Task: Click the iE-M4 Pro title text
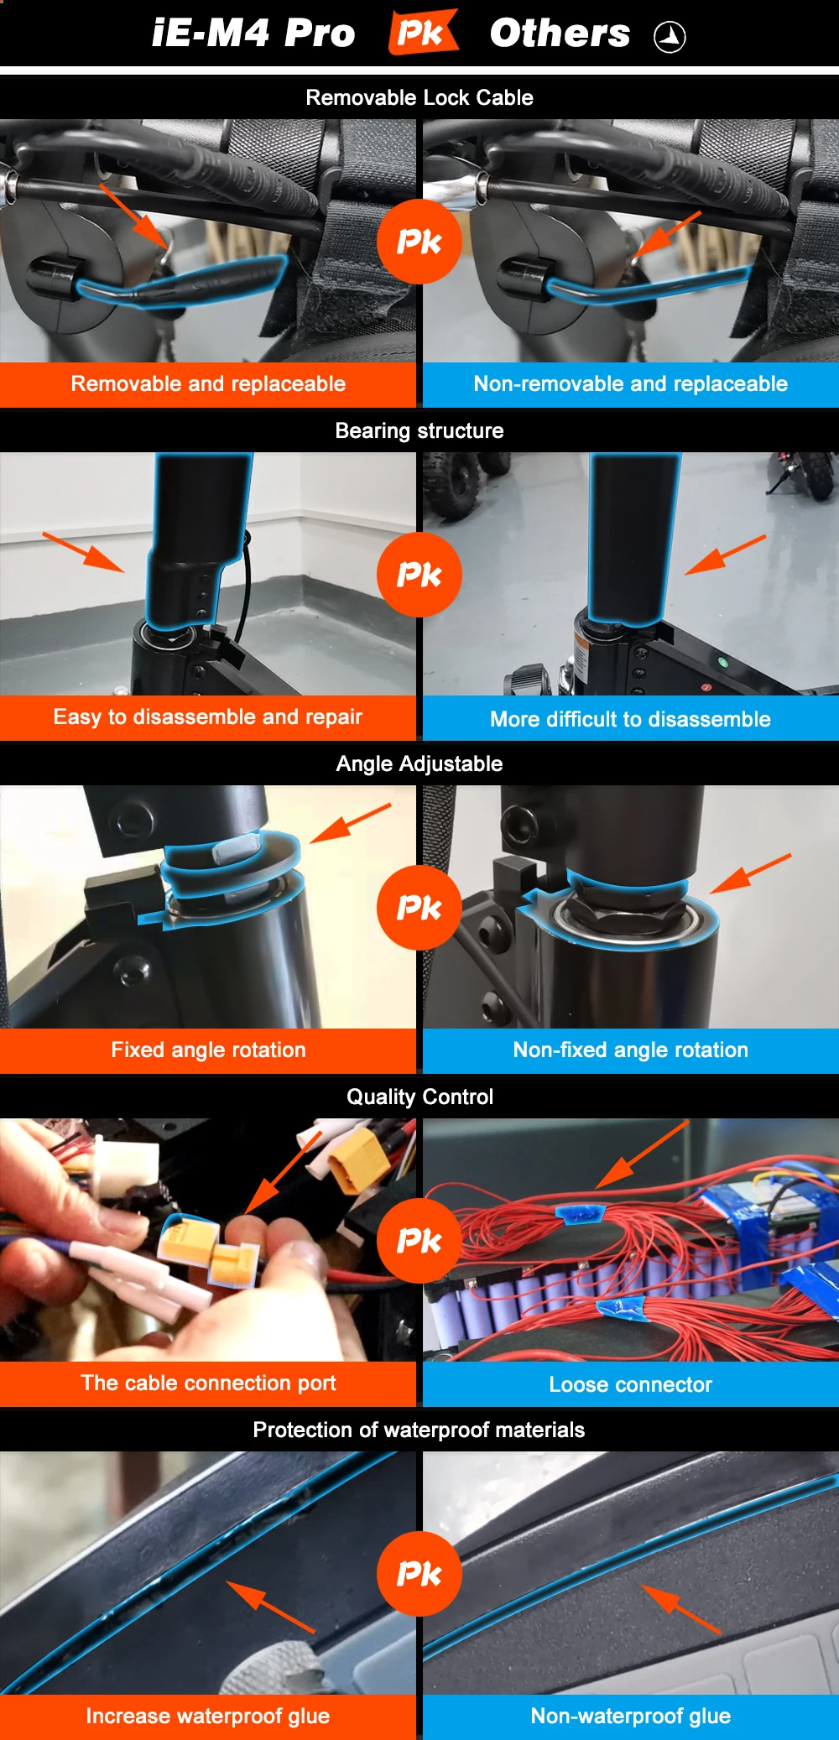[253, 34]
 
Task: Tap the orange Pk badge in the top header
[423, 32]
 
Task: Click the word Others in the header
[560, 34]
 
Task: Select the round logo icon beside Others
[670, 37]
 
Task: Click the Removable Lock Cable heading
[419, 97]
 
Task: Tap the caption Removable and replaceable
[208, 383]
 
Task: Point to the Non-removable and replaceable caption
[631, 383]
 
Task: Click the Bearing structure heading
[419, 430]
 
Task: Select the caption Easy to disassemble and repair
[208, 716]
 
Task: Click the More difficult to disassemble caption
[631, 719]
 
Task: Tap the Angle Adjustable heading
[419, 763]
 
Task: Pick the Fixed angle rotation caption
[208, 1050]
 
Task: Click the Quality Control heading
[419, 1097]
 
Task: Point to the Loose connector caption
[631, 1384]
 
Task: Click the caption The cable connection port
[208, 1383]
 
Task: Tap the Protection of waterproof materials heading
[419, 1430]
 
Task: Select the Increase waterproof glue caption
[208, 1716]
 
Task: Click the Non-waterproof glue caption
[631, 1716]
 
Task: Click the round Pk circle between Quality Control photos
[419, 1241]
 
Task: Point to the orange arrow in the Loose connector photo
[643, 1154]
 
